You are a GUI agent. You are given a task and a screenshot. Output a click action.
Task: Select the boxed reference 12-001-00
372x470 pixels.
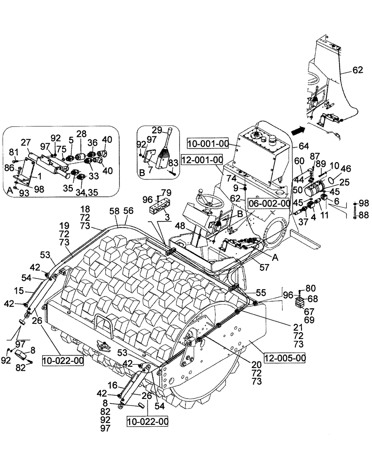(x=203, y=160)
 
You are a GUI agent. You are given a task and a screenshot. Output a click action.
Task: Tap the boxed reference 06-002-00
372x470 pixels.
(x=269, y=203)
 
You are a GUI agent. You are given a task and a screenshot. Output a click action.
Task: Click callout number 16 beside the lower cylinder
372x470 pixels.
(x=113, y=384)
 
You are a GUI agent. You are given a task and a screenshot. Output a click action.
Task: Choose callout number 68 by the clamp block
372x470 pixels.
(x=312, y=298)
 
